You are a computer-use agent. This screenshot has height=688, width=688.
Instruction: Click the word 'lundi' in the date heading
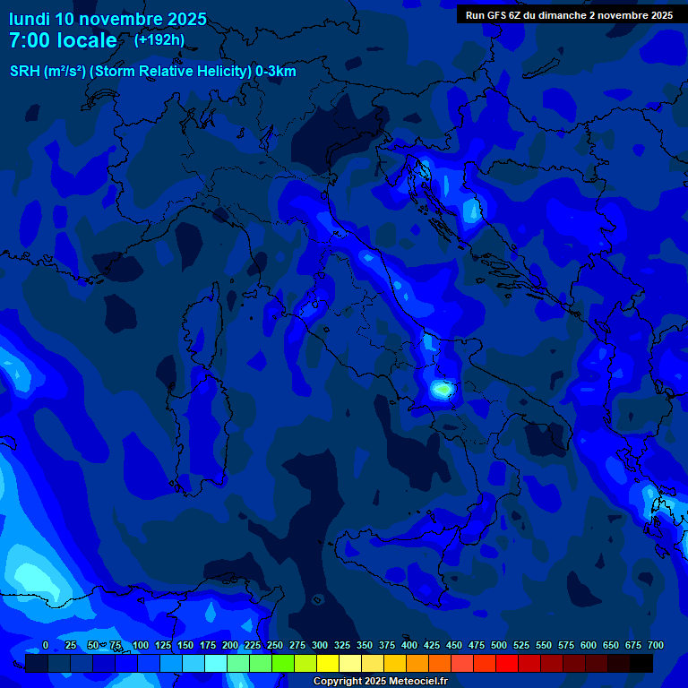tap(30, 19)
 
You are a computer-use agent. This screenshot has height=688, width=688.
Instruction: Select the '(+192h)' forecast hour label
tap(159, 40)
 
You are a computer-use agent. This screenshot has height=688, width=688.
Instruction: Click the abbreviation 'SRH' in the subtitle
tap(25, 72)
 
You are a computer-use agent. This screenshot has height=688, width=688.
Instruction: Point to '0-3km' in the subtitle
tap(276, 72)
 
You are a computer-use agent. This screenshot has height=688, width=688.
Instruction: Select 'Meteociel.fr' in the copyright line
tap(414, 682)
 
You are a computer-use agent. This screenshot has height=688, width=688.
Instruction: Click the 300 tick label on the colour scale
tap(319, 646)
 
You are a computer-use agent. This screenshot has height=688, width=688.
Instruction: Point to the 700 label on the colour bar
tap(655, 646)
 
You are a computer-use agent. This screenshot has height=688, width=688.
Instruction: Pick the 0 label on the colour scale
tap(45, 646)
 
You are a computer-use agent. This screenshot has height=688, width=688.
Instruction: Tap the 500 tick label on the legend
tap(498, 646)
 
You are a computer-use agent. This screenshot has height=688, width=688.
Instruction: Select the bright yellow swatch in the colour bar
tap(328, 663)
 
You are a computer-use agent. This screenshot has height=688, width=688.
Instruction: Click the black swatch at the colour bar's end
tap(641, 663)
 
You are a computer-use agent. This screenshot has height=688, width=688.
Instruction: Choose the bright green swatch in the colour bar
tap(283, 663)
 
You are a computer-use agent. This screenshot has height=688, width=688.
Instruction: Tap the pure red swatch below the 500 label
tap(507, 663)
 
